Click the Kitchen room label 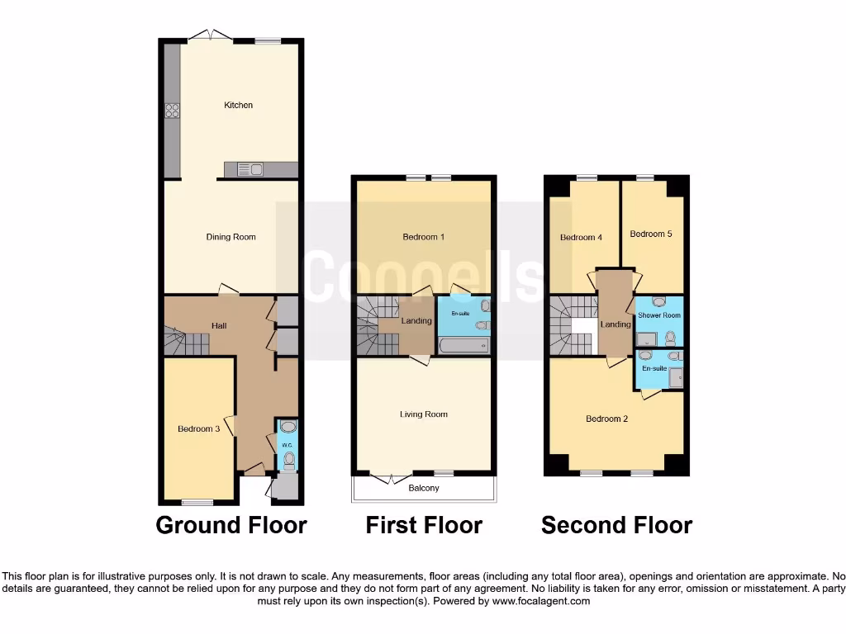pyautogui.click(x=238, y=105)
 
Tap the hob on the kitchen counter pyautogui.click(x=173, y=112)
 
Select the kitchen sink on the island pyautogui.click(x=250, y=170)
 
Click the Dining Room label pyautogui.click(x=231, y=237)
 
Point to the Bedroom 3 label pyautogui.click(x=198, y=428)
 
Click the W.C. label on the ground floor pyautogui.click(x=288, y=446)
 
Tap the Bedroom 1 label pyautogui.click(x=424, y=237)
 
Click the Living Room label pyautogui.click(x=424, y=414)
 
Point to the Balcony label pyautogui.click(x=424, y=488)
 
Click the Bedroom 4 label pyautogui.click(x=581, y=238)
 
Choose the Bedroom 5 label pyautogui.click(x=651, y=234)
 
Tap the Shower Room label pyautogui.click(x=659, y=315)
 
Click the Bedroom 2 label pyautogui.click(x=607, y=419)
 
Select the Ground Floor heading pyautogui.click(x=231, y=525)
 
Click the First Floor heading pyautogui.click(x=424, y=525)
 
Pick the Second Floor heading pyautogui.click(x=616, y=525)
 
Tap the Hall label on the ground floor pyautogui.click(x=219, y=326)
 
